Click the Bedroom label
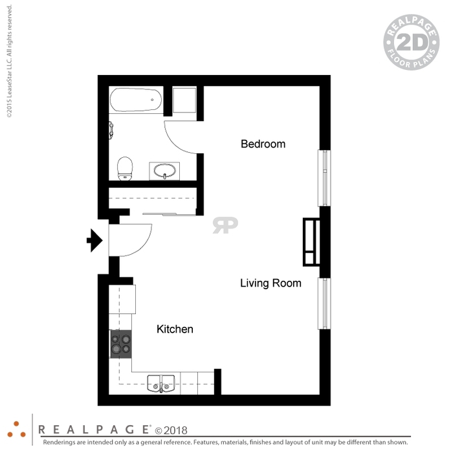pos(263,144)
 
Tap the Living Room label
pos(270,283)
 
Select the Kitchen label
pos(175,329)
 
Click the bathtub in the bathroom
pos(136,100)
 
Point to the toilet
pos(125,168)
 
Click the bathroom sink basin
pos(164,171)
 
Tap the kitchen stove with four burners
pos(121,344)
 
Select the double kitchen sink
pos(161,384)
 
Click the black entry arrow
pos(94,241)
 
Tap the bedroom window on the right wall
pos(324,178)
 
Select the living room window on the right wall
pos(324,303)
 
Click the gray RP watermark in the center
pos(225,225)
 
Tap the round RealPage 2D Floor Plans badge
pos(412,42)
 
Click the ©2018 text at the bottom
pos(171,430)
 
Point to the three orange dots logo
pos(16,430)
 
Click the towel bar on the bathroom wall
pos(111,130)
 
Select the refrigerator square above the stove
pos(122,299)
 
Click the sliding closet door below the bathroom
pos(169,214)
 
